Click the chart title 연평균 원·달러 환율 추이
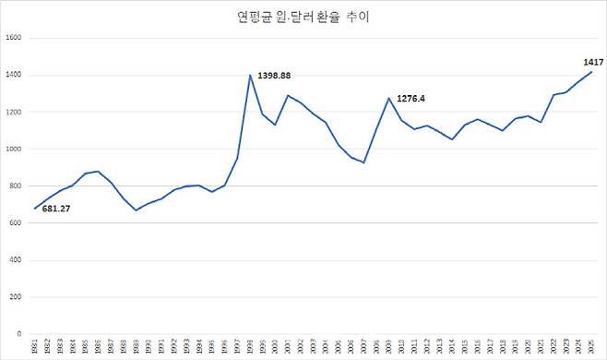click(x=303, y=17)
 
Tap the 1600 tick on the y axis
click(x=14, y=38)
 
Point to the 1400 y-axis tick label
click(x=14, y=75)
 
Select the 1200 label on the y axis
click(x=14, y=112)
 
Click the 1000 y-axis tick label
click(x=14, y=149)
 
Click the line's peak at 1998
click(x=249, y=75)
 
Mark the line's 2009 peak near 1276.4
click(x=388, y=98)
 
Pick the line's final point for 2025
click(x=590, y=71)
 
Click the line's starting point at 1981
click(x=35, y=208)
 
